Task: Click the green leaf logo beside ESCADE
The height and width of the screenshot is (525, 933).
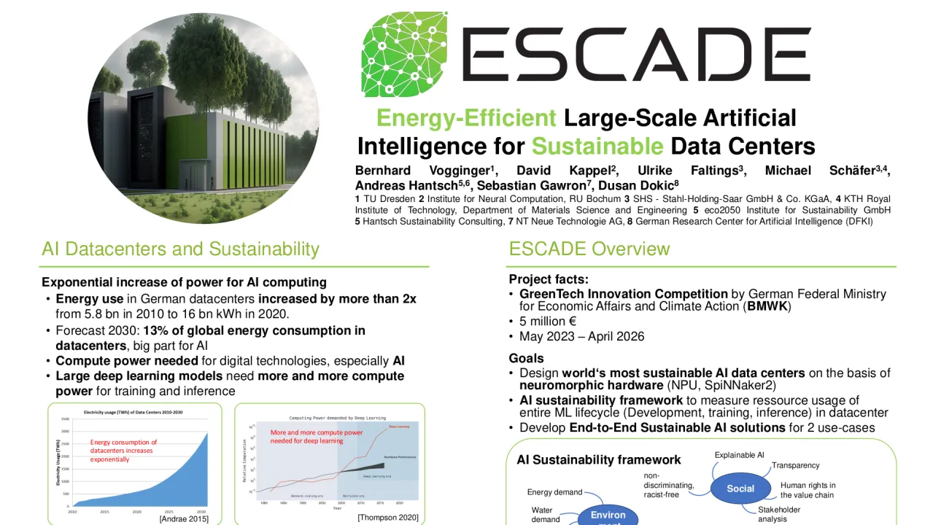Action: pyautogui.click(x=404, y=54)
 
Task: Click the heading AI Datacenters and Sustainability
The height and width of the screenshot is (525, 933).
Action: pyautogui.click(x=180, y=249)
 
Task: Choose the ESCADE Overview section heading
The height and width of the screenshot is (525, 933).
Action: pyautogui.click(x=589, y=249)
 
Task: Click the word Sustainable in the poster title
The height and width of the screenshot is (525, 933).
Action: pyautogui.click(x=597, y=147)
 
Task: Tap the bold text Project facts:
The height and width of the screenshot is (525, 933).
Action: pyautogui.click(x=549, y=279)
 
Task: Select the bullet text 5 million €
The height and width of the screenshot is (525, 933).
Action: pyautogui.click(x=548, y=322)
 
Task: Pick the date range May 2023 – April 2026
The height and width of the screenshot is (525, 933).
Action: pyautogui.click(x=581, y=337)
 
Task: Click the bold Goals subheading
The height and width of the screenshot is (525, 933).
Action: pyautogui.click(x=526, y=358)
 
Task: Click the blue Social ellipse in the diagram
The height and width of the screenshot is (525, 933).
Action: pyautogui.click(x=740, y=489)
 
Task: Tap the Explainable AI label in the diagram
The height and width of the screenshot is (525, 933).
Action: pyautogui.click(x=739, y=455)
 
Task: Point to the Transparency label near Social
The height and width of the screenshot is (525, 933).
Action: pyautogui.click(x=795, y=465)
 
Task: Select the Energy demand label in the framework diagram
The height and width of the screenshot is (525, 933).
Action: pyautogui.click(x=554, y=492)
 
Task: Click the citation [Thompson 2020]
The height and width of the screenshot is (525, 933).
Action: pyautogui.click(x=387, y=517)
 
